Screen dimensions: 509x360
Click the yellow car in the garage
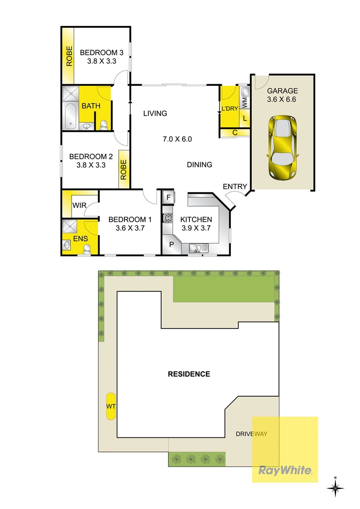[282, 148]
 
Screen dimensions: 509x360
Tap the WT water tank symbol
[111, 406]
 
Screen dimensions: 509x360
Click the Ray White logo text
[285, 470]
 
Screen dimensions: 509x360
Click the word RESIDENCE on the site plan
[189, 374]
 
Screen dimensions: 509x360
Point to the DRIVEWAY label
[252, 434]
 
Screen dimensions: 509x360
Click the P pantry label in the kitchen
[171, 245]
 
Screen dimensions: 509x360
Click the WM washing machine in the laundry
[244, 101]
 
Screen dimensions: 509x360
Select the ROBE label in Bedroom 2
[124, 170]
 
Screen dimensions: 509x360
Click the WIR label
[78, 205]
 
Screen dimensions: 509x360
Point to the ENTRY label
[235, 187]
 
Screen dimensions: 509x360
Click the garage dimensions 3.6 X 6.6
[282, 99]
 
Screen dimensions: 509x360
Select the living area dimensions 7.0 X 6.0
[177, 139]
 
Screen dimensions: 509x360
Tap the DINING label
[199, 164]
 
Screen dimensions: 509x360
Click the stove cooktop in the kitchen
[167, 218]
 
